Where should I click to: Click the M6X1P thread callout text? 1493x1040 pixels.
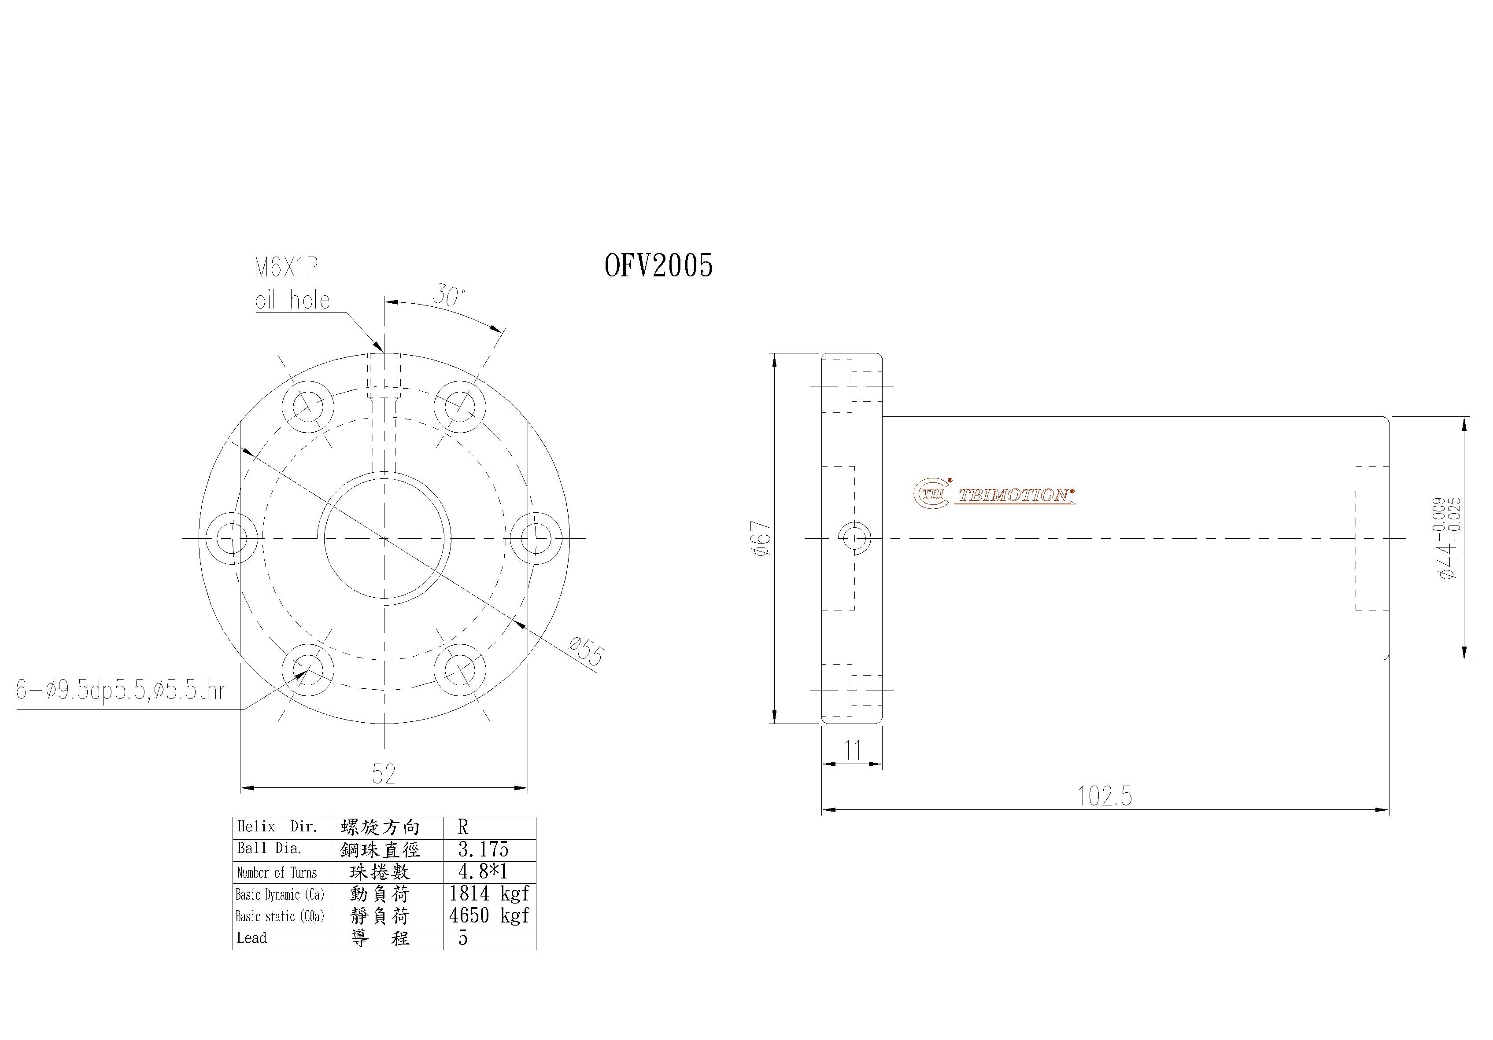pyautogui.click(x=286, y=268)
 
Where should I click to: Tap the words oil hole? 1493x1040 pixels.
pyautogui.click(x=292, y=300)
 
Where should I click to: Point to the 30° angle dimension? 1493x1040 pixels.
pyautogui.click(x=449, y=296)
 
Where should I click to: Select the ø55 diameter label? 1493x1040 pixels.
pyautogui.click(x=587, y=651)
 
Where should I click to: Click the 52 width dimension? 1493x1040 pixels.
pyautogui.click(x=384, y=773)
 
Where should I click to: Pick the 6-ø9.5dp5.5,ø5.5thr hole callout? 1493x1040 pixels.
pyautogui.click(x=121, y=690)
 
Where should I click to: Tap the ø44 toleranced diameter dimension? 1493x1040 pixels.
pyautogui.click(x=1449, y=538)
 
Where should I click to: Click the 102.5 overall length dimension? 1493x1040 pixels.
pyautogui.click(x=1105, y=796)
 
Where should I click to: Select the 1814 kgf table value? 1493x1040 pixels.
pyautogui.click(x=489, y=894)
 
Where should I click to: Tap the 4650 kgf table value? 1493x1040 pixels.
pyautogui.click(x=489, y=916)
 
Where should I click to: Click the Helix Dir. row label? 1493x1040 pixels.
pyautogui.click(x=277, y=827)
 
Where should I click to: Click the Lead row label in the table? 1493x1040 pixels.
pyautogui.click(x=252, y=938)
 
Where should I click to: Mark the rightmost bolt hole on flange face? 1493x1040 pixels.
pyautogui.click(x=536, y=538)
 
